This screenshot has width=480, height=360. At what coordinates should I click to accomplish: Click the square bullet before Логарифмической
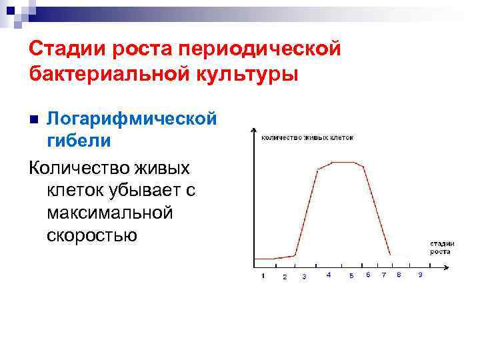tap(35, 119)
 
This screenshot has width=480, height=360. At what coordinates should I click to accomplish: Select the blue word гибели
tap(79, 141)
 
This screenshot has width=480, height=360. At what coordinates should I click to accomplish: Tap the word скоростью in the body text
tap(92, 235)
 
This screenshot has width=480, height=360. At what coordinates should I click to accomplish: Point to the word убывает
tap(138, 190)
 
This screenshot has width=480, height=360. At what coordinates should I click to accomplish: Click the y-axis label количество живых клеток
tap(307, 137)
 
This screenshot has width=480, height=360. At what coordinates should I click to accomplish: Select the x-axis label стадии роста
tap(441, 247)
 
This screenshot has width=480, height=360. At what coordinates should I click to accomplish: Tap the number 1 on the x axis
tap(263, 275)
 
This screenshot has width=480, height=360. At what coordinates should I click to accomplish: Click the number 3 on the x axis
tap(305, 276)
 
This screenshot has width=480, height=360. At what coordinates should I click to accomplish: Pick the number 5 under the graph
tap(351, 276)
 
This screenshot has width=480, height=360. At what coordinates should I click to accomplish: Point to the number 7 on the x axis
tap(383, 275)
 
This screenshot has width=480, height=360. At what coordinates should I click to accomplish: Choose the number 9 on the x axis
tap(419, 275)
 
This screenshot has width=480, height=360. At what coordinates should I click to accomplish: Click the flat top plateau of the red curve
tap(345, 162)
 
